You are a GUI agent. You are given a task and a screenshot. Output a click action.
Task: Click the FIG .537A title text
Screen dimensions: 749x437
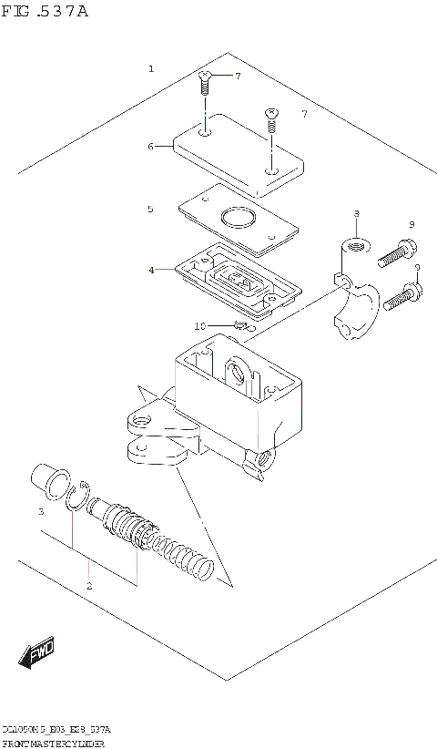click(x=46, y=13)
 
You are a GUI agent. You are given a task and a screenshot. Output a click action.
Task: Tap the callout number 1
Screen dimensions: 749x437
click(x=151, y=69)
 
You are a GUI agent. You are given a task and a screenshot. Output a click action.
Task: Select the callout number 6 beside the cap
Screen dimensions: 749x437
click(x=151, y=145)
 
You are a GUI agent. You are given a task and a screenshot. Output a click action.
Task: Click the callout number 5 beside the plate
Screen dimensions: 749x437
click(x=151, y=209)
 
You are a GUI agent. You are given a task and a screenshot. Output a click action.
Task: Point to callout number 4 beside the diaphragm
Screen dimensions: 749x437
click(x=151, y=270)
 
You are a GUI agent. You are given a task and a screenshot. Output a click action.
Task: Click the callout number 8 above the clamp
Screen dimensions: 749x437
click(x=356, y=213)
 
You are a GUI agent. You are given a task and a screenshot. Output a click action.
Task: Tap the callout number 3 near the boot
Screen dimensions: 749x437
click(x=41, y=512)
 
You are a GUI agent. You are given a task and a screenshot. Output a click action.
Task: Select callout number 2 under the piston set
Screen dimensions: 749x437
click(x=89, y=586)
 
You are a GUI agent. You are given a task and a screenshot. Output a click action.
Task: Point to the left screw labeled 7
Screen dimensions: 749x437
click(x=204, y=86)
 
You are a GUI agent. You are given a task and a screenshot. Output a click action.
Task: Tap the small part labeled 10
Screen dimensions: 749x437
click(x=241, y=324)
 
